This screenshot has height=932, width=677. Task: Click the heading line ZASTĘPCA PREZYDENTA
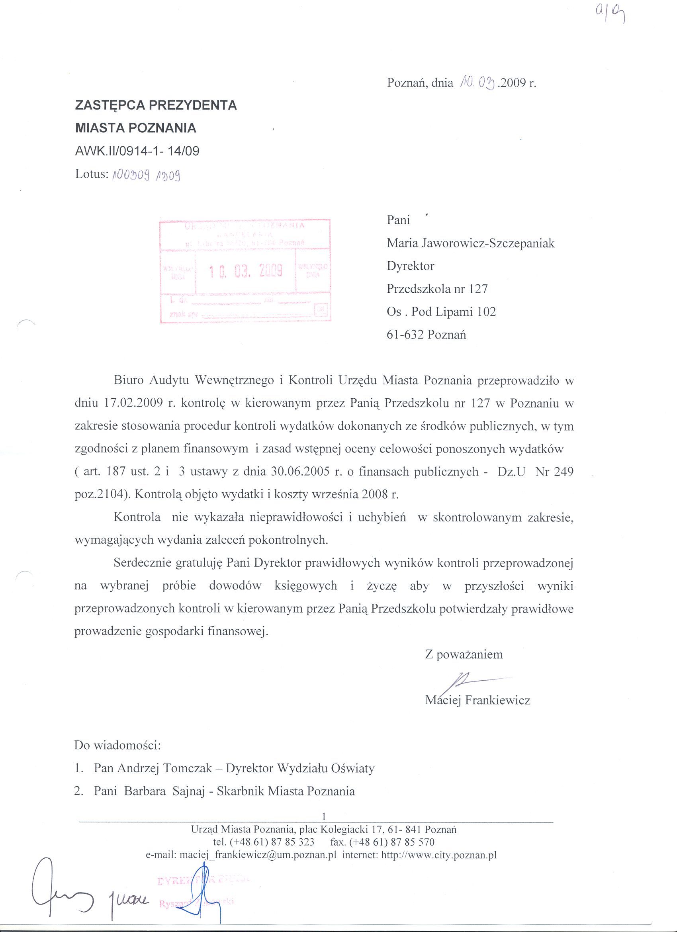pyautogui.click(x=156, y=105)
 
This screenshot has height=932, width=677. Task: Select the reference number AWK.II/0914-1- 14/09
pyautogui.click(x=137, y=151)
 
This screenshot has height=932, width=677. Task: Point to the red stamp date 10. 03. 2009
pyautogui.click(x=246, y=270)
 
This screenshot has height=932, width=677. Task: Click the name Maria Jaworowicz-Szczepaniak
pyautogui.click(x=470, y=243)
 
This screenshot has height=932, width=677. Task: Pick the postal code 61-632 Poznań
pyautogui.click(x=426, y=335)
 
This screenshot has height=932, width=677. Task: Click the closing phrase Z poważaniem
pyautogui.click(x=464, y=654)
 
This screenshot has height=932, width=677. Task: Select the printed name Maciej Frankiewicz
pyautogui.click(x=478, y=700)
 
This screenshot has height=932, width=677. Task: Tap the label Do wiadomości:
pyautogui.click(x=117, y=745)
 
